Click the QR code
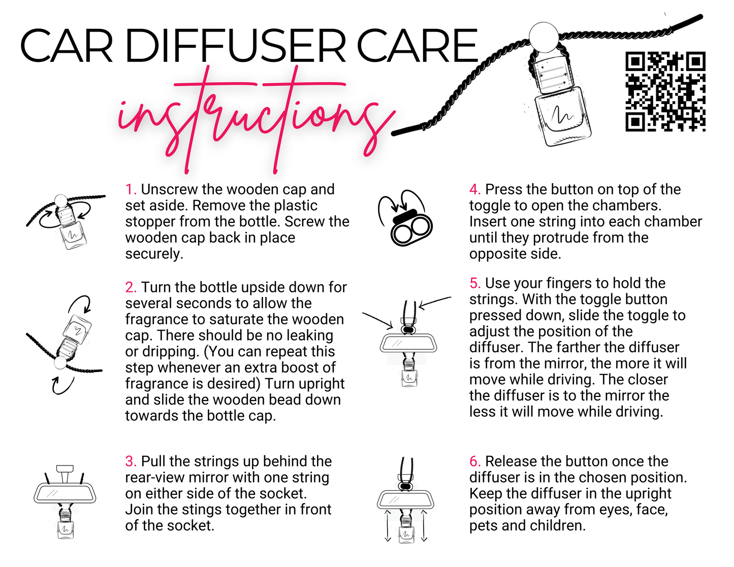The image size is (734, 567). click(665, 91)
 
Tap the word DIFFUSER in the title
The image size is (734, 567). click(235, 46)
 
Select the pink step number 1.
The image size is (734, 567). click(131, 190)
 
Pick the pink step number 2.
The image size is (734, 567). click(131, 287)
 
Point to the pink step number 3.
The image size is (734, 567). click(131, 461)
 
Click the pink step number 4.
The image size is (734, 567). click(475, 190)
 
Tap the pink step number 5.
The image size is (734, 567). click(475, 283)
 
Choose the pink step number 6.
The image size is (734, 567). click(475, 461)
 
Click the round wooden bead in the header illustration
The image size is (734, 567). click(544, 37)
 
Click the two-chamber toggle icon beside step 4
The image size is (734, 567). click(411, 227)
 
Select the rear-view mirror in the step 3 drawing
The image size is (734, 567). click(65, 494)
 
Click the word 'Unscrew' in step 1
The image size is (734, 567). click(170, 190)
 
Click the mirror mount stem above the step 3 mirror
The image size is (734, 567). click(65, 474)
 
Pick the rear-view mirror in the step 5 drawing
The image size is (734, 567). click(408, 343)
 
